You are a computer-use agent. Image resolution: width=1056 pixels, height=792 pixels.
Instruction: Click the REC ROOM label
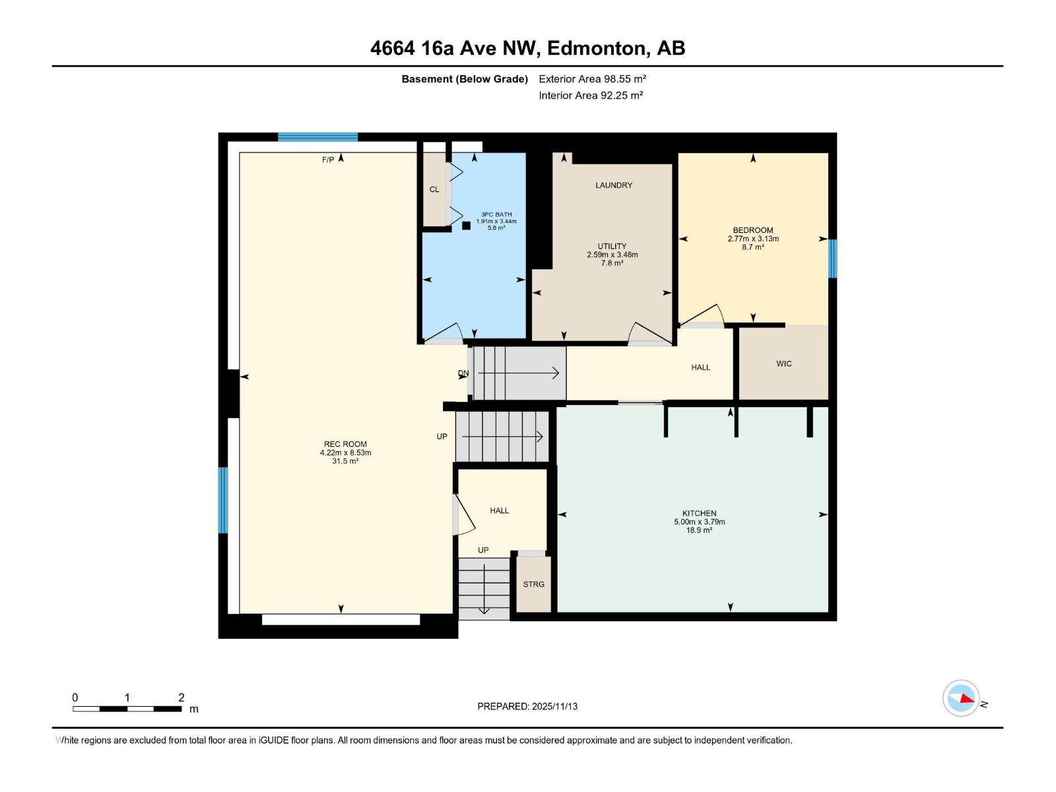click(x=345, y=444)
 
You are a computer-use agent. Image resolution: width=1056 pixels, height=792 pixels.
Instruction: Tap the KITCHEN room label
click(x=699, y=513)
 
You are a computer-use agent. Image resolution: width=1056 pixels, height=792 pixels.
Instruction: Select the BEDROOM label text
click(x=752, y=230)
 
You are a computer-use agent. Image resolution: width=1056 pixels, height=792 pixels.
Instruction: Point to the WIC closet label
click(x=783, y=364)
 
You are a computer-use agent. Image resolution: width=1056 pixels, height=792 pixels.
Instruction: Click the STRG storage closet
click(x=533, y=584)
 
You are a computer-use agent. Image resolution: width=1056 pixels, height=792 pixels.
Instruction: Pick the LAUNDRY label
click(x=613, y=185)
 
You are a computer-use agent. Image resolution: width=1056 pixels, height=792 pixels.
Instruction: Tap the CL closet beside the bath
click(x=434, y=189)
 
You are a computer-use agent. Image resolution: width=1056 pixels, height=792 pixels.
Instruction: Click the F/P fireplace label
click(x=327, y=160)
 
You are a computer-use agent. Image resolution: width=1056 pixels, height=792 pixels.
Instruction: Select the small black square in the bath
click(x=466, y=226)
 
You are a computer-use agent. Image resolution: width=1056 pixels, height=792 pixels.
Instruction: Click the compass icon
click(x=961, y=698)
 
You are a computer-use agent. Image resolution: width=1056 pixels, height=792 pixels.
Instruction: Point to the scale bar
click(x=127, y=709)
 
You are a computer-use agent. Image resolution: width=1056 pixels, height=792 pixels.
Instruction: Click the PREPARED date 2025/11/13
click(x=527, y=706)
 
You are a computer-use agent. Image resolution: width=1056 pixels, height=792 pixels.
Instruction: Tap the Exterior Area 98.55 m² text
click(x=592, y=79)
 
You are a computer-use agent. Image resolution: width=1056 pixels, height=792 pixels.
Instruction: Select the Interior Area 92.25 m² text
click(x=591, y=96)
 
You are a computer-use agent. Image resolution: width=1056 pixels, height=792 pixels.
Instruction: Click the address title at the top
click(x=527, y=48)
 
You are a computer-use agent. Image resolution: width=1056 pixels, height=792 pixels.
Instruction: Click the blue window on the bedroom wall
click(x=832, y=259)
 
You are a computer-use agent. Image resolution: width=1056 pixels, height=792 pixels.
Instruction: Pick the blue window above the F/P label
click(x=317, y=137)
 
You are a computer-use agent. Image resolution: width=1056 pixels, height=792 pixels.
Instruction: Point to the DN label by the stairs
click(x=463, y=374)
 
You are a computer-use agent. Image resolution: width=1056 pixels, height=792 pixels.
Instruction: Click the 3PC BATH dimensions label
click(x=496, y=221)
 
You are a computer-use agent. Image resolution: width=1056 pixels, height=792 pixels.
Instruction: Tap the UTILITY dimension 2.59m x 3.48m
click(x=612, y=255)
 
